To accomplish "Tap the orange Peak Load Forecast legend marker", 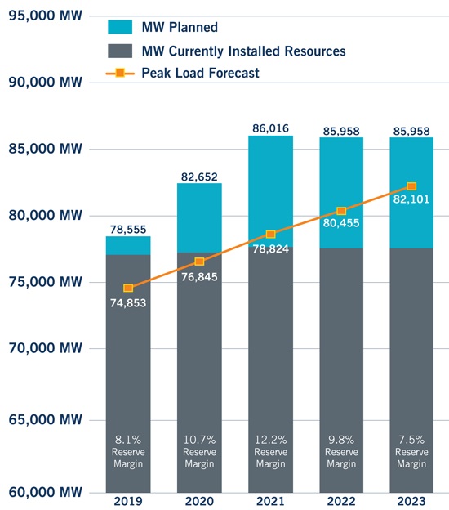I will [120, 74].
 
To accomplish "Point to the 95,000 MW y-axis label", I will [45, 16].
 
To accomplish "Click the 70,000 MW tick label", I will [45, 349].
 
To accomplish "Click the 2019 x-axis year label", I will [128, 500].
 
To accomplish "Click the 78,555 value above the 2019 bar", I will [128, 229].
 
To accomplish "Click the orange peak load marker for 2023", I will [411, 186].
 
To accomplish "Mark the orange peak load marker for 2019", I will [128, 288].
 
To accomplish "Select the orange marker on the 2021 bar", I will [270, 235].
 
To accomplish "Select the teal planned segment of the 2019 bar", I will [128, 245].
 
